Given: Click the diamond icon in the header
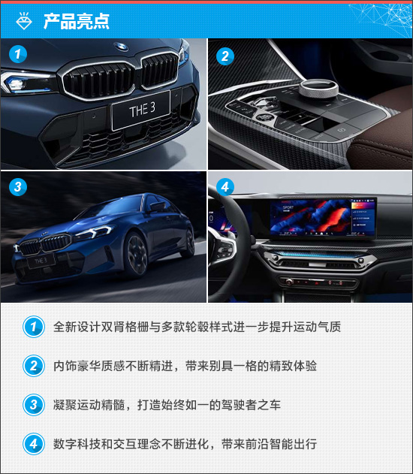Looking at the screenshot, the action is tap(24, 20).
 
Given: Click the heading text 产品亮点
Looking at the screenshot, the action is tap(76, 21).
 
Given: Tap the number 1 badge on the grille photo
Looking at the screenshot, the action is tap(18, 54).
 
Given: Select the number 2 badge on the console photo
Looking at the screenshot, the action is tap(225, 56).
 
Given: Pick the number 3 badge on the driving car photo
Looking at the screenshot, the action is tap(18, 186).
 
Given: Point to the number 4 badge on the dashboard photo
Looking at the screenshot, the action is tap(225, 186).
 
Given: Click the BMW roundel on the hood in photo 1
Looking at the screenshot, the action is tap(121, 47).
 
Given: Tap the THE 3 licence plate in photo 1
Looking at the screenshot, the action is tap(140, 110).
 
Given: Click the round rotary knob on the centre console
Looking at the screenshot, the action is tap(318, 89).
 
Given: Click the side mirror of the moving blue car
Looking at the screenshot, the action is tap(158, 207).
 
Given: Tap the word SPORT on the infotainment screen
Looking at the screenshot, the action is tap(288, 207).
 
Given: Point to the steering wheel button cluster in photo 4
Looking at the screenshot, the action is tap(223, 250).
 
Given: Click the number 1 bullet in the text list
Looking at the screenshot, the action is tap(34, 327).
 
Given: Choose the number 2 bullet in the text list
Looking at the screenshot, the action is tap(34, 366).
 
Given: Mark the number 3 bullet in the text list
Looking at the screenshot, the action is tap(34, 405).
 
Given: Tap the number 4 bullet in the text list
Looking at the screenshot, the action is tap(34, 444).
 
